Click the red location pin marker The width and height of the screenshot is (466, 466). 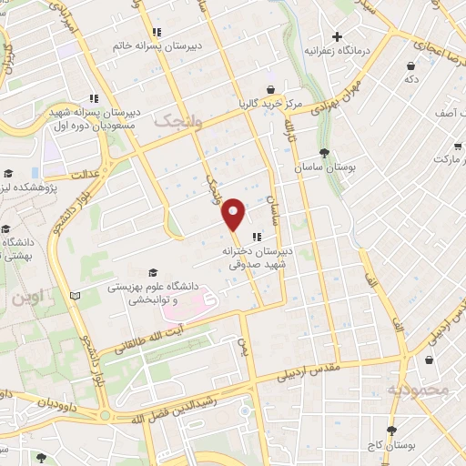tap(235, 213)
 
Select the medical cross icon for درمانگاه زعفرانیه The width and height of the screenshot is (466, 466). tap(337, 37)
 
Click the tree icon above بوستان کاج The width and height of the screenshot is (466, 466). tap(392, 431)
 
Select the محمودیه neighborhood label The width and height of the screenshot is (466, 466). tap(419, 390)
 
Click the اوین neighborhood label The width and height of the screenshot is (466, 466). tap(26, 298)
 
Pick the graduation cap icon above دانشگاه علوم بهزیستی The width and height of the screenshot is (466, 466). tap(153, 272)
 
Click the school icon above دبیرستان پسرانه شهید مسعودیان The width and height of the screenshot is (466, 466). tap(94, 98)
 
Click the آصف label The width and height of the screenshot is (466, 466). tap(446, 113)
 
